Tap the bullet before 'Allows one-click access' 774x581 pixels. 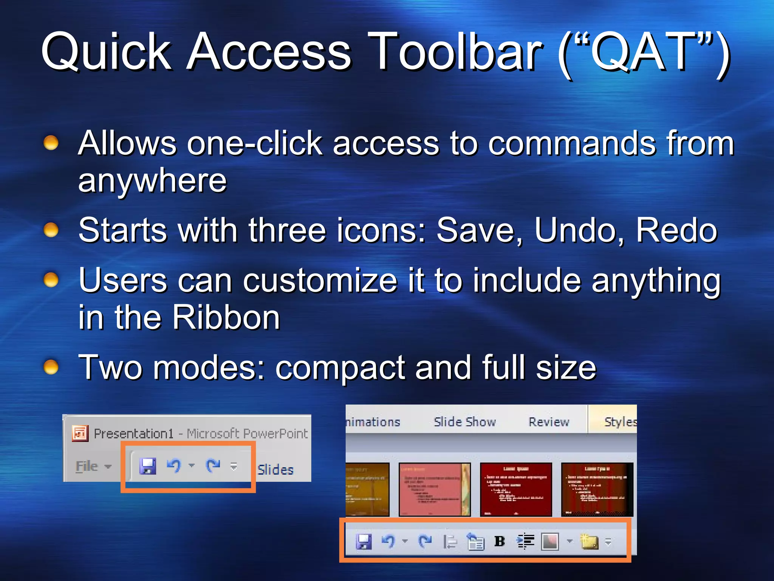click(x=51, y=143)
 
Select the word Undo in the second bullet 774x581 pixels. click(x=579, y=230)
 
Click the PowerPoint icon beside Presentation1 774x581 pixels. click(x=80, y=433)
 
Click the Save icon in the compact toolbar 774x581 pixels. click(x=147, y=466)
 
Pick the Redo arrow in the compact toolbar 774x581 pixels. click(x=213, y=465)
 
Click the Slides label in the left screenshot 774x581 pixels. click(x=275, y=469)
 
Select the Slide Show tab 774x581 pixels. click(x=464, y=421)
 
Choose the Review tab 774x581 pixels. click(x=549, y=421)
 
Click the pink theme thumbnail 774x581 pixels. click(x=434, y=489)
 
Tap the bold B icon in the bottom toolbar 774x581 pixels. click(x=499, y=541)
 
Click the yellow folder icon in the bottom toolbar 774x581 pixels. click(x=589, y=542)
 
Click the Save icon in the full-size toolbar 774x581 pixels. click(x=364, y=542)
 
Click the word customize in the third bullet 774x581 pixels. click(x=320, y=280)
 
